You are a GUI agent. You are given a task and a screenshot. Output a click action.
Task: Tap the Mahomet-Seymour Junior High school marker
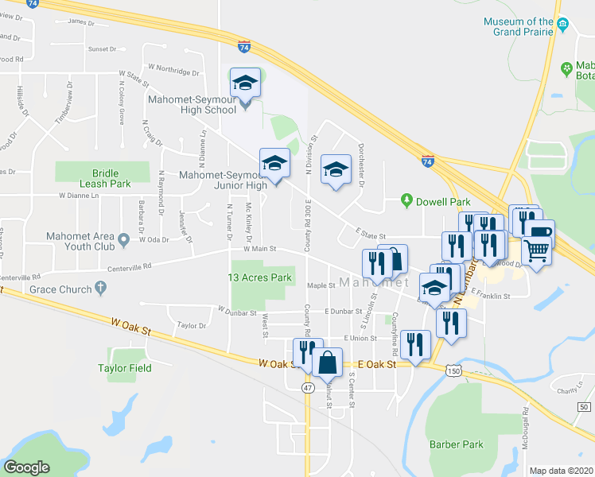pyautogui.click(x=275, y=164)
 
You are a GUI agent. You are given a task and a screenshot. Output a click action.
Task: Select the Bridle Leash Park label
pyautogui.click(x=103, y=177)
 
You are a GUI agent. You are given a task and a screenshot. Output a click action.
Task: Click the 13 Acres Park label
pyautogui.click(x=260, y=277)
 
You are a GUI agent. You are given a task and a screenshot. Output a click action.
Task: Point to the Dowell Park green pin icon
pyautogui.click(x=407, y=201)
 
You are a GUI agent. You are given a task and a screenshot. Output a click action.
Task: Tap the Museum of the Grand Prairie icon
pyautogui.click(x=562, y=22)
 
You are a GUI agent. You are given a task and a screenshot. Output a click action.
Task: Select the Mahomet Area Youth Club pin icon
pyautogui.click(x=123, y=238)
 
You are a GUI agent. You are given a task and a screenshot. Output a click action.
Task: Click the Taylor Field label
pyautogui.click(x=125, y=368)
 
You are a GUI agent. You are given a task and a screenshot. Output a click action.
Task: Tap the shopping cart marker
pyautogui.click(x=538, y=250)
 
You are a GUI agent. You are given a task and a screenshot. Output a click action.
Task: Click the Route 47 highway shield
pyautogui.click(x=307, y=387)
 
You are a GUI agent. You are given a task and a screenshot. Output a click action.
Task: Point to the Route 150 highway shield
pyautogui.click(x=453, y=370)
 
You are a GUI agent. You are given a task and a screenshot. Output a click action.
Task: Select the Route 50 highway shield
pyautogui.click(x=584, y=407)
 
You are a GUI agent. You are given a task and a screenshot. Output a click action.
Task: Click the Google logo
pyautogui.click(x=27, y=467)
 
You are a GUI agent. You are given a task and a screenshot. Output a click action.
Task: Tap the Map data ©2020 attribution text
pyautogui.click(x=561, y=471)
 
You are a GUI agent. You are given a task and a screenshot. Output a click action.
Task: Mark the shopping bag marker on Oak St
pyautogui.click(x=328, y=363)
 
